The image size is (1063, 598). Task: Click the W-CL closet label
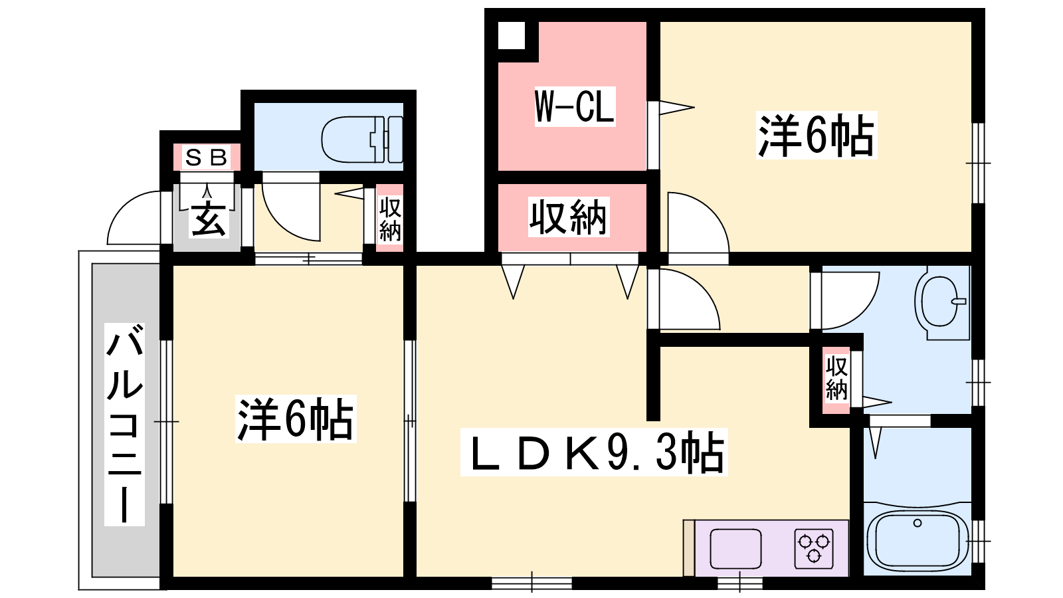click(575, 106)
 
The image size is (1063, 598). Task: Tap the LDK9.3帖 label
click(595, 452)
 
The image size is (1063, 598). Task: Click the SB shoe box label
click(206, 157)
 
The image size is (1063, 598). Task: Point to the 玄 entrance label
click(209, 219)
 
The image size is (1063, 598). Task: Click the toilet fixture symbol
click(362, 139)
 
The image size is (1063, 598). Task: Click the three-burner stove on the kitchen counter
click(814, 549)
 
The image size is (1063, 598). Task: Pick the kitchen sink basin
click(735, 548)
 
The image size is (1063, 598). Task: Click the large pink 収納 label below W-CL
click(569, 217)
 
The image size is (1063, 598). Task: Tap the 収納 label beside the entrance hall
click(390, 219)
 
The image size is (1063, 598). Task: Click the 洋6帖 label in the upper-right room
click(817, 136)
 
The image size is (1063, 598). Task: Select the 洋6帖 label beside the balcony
click(296, 419)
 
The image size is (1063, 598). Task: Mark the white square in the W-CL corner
click(512, 35)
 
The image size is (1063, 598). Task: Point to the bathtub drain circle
click(918, 523)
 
